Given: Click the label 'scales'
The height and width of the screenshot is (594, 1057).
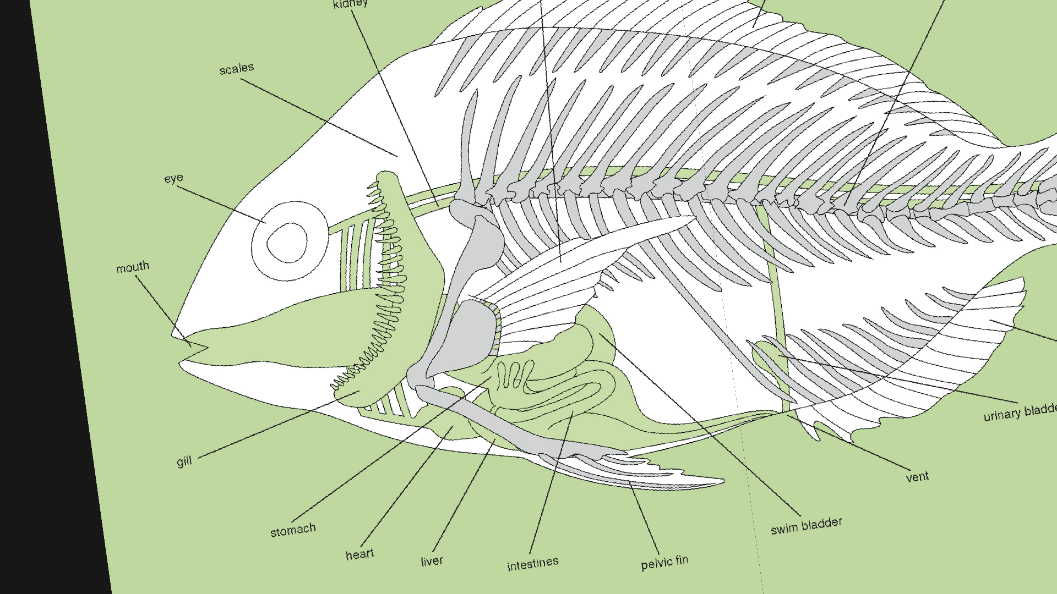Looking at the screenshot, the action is tap(237, 69).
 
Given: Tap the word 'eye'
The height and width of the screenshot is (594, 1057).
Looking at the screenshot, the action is tap(173, 178).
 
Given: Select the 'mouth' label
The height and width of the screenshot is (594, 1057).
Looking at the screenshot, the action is tap(133, 268).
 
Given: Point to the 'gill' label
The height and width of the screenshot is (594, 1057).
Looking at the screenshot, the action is tap(184, 461).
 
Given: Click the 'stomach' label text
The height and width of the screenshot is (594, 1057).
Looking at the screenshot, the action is tap(293, 530).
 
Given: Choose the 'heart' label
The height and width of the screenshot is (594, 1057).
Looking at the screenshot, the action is tap(359, 554).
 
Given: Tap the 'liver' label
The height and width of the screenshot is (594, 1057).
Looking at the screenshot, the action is tap(432, 561).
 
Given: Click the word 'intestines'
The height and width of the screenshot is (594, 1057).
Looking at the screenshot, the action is tap(532, 564).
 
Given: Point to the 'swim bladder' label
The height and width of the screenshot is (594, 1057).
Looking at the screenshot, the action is tap(806, 525).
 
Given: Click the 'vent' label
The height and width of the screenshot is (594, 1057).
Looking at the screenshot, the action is tap(917, 477).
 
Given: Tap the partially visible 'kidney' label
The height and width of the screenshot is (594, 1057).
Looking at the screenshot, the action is tap(351, 4).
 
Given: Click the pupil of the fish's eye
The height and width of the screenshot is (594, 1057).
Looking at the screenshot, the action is tap(287, 242).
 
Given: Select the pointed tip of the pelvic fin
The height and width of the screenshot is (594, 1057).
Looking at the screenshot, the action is tap(722, 481).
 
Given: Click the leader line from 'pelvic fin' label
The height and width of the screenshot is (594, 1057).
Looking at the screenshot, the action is tap(644, 517).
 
